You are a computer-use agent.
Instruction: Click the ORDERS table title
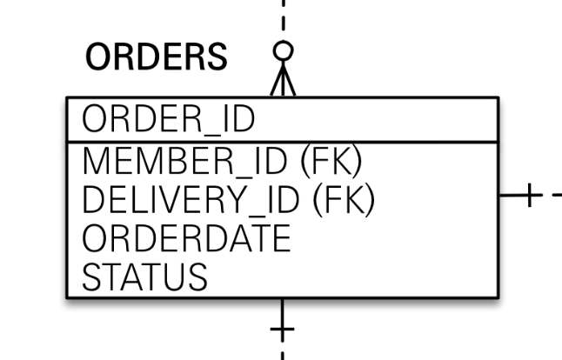point(157,57)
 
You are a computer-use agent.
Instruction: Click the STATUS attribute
point(144,277)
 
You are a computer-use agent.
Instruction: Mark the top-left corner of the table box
point(67,97)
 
